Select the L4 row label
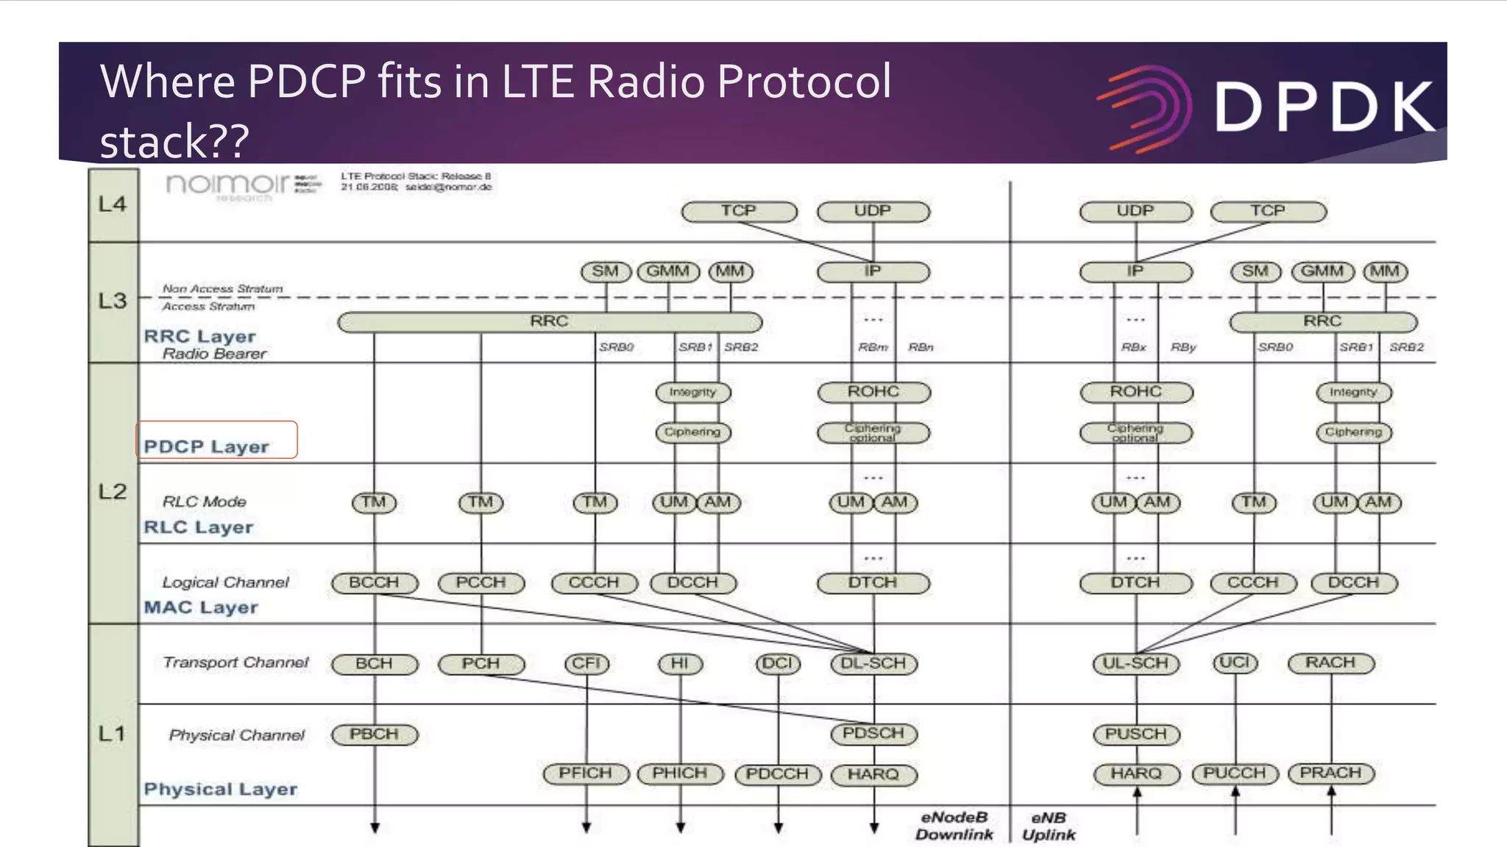pos(113,204)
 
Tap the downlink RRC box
pos(549,322)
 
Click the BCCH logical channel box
pos(374,583)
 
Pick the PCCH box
pos(481,583)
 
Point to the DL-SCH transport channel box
pos(873,663)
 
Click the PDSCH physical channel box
pos(873,734)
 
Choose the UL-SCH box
pos(1135,663)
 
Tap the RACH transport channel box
pos(1330,663)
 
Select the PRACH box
pos(1330,773)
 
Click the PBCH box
pos(374,735)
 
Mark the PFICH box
pos(586,773)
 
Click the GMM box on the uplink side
pos(1322,271)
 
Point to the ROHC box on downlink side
pos(873,392)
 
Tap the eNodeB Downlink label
pos(954,826)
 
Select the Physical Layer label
pos(221,790)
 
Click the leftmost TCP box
pos(739,212)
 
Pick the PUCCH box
pos(1235,773)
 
